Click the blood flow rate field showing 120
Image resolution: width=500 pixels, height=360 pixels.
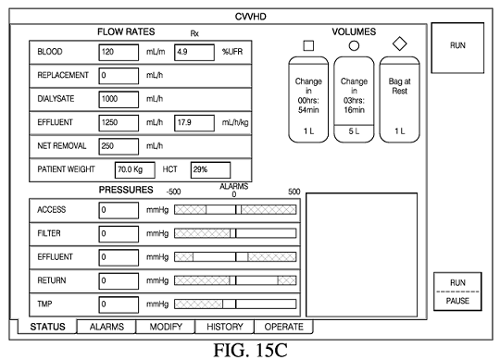pos(119,52)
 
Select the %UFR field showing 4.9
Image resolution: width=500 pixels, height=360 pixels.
pos(194,52)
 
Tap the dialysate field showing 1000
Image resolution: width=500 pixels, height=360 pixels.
pos(119,99)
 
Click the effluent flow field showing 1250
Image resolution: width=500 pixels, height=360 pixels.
pos(119,123)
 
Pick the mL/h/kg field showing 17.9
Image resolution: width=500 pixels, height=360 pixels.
pos(194,123)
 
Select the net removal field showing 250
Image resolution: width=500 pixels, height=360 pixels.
pos(119,146)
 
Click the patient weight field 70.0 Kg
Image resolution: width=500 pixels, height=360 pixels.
pos(135,170)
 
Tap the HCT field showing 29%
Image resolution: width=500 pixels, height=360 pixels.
pos(210,170)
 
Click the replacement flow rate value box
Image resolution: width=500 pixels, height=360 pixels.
pos(119,76)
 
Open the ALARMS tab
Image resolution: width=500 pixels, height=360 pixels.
pos(106,327)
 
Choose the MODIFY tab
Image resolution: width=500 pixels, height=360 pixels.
pos(166,327)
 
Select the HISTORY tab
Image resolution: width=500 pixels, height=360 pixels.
pos(225,327)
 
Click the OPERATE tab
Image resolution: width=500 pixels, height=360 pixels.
pos(284,327)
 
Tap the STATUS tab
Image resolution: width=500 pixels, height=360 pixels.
pos(47,327)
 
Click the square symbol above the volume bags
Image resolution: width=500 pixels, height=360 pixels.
pos(308,45)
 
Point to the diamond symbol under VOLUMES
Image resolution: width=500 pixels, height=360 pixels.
pos(400,43)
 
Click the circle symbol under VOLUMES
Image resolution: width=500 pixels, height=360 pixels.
pos(354,46)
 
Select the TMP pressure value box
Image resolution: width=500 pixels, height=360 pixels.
pos(119,304)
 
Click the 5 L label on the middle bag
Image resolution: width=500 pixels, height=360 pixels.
pos(354,131)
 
